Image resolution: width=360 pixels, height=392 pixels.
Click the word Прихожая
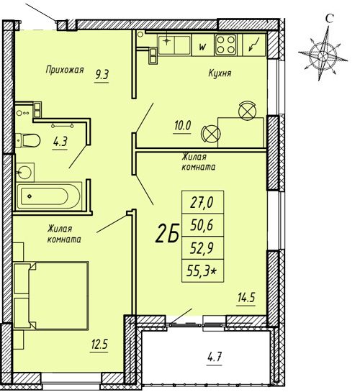pyautogui.click(x=65, y=70)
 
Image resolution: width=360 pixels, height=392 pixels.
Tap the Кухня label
pyautogui.click(x=220, y=73)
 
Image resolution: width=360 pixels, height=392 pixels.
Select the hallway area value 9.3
pyautogui.click(x=102, y=75)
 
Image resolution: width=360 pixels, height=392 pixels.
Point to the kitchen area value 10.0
pyautogui.click(x=182, y=125)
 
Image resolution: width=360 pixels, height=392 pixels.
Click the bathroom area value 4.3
pyautogui.click(x=60, y=142)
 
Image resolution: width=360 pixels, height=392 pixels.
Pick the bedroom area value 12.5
pyautogui.click(x=99, y=345)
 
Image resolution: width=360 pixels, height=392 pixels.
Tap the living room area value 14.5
pyautogui.click(x=246, y=298)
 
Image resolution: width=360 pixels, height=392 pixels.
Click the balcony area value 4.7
pyautogui.click(x=215, y=357)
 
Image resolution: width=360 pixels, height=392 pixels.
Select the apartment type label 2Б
pyautogui.click(x=167, y=234)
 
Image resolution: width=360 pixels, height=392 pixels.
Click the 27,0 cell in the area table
pyautogui.click(x=202, y=202)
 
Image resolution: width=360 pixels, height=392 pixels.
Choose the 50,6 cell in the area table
pyautogui.click(x=202, y=225)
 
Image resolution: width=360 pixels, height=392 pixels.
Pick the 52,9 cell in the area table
pyautogui.click(x=202, y=247)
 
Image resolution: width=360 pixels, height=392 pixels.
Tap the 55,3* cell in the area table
pyautogui.click(x=202, y=270)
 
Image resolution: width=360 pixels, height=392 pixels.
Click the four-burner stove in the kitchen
pyautogui.click(x=226, y=45)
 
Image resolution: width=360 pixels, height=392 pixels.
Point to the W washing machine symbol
pyautogui.click(x=202, y=47)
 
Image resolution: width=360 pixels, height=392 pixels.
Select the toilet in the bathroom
pyautogui.click(x=27, y=141)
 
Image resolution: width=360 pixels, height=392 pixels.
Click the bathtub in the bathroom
pyautogui.click(x=49, y=196)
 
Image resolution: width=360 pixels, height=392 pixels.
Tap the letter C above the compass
pyautogui.click(x=330, y=18)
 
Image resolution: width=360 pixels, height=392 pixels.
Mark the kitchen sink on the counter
pyautogui.click(x=174, y=45)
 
